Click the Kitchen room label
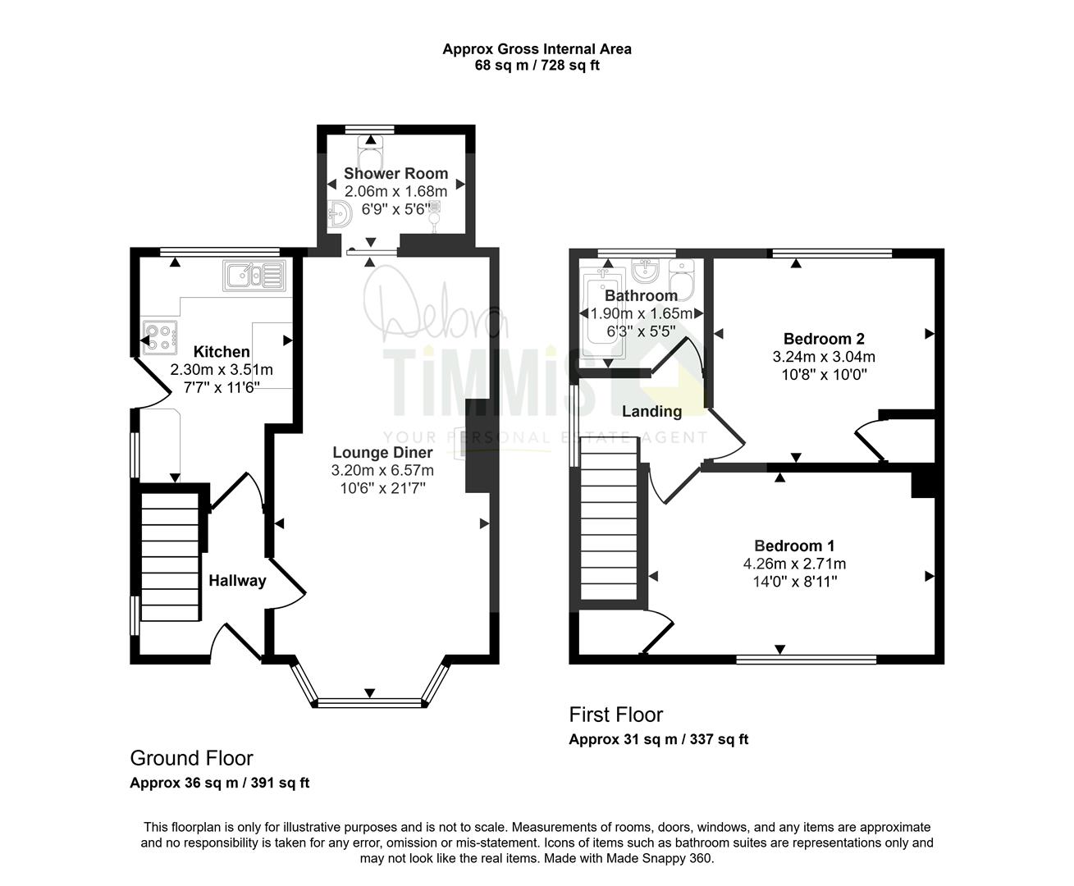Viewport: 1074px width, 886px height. (x=222, y=352)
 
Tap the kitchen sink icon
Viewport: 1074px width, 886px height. (x=254, y=276)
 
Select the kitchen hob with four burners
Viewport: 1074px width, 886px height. (x=160, y=337)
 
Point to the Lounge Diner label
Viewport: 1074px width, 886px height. (x=382, y=453)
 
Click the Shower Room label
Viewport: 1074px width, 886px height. (x=395, y=173)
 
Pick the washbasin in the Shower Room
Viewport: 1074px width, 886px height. (x=339, y=214)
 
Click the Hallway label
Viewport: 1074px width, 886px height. (x=237, y=581)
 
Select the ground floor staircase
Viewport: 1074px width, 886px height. (x=171, y=557)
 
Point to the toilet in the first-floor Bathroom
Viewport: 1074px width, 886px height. (x=682, y=279)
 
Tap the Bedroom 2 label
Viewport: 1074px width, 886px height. (x=824, y=339)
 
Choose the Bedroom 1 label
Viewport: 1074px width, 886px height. (x=794, y=546)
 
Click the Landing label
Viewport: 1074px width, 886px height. (x=651, y=411)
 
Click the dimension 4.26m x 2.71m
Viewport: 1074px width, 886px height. (x=794, y=564)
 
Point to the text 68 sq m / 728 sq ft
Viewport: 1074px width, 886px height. (x=537, y=66)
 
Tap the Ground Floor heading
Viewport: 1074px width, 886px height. (x=191, y=759)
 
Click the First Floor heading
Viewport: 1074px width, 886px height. (x=615, y=715)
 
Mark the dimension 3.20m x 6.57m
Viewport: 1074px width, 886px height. (x=382, y=471)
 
